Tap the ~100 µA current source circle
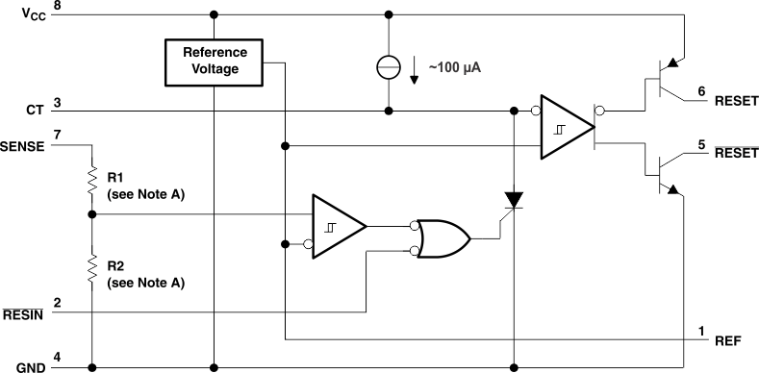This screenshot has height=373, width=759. pos(389,68)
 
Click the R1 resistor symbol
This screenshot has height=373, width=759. pos(92,178)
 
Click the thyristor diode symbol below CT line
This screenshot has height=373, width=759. pos(516,201)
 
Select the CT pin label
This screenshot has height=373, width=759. pos(35,110)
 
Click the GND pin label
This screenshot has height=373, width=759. pos(28,366)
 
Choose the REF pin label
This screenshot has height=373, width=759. pos(727,340)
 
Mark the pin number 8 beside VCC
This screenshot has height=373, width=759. pos(58,8)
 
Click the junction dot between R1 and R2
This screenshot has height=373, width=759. pos(92,214)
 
